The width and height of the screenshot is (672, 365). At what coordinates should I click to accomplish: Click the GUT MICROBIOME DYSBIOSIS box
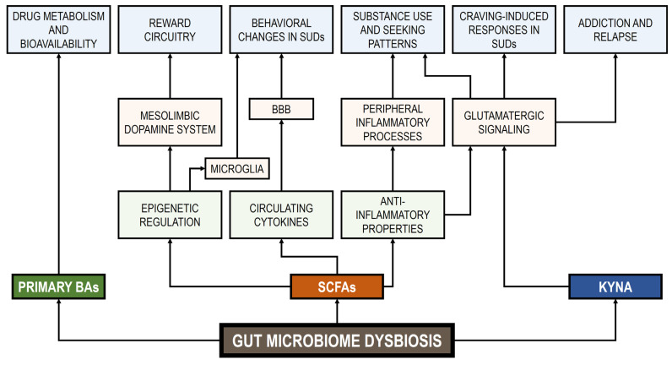337,341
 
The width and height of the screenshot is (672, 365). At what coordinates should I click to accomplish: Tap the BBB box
280,109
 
